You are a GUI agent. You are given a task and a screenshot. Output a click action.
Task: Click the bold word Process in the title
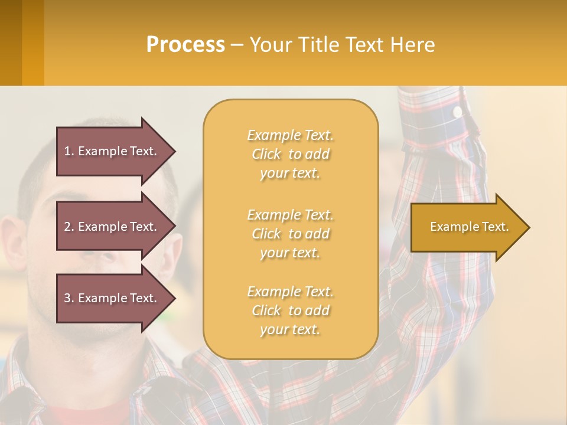click(185, 45)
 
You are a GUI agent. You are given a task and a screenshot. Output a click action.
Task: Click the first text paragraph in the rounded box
click(290, 154)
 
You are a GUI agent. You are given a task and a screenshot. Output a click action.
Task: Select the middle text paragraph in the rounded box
click(290, 234)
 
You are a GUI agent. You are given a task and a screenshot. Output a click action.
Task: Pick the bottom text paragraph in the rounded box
click(290, 310)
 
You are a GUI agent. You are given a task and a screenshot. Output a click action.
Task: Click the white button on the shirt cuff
click(457, 111)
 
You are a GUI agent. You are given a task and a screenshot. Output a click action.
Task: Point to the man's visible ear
click(13, 242)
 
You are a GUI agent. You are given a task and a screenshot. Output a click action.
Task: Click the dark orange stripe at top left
click(11, 42)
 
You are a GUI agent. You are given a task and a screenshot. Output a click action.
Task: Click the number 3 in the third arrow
click(67, 298)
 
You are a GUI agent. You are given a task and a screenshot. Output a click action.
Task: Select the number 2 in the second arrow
click(67, 227)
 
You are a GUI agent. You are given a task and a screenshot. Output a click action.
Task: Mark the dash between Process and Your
click(237, 45)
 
